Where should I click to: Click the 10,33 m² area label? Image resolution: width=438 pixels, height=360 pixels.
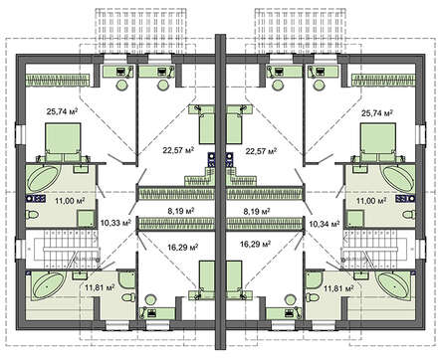[115, 223]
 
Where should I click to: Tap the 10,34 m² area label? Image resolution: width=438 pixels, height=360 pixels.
[325, 224]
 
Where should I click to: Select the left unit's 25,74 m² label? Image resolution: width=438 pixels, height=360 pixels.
[62, 111]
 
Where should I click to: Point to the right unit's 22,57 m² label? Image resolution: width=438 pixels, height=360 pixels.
[261, 151]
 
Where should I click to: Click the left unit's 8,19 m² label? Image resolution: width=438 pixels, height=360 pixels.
[180, 211]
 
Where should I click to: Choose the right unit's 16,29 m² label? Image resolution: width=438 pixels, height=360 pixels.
[255, 245]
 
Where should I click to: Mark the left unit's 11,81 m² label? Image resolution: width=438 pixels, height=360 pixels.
[100, 287]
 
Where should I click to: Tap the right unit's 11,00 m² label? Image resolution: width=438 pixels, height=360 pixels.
[371, 201]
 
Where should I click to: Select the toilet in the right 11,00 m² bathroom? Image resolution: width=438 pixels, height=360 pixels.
[408, 215]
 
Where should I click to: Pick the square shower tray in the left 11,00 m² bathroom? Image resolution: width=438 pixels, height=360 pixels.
[86, 219]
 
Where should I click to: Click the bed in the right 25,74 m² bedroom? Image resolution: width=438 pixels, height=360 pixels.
[379, 142]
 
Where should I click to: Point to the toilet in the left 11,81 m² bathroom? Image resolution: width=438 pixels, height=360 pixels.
[128, 297]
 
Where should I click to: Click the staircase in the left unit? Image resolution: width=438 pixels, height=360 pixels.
[63, 248]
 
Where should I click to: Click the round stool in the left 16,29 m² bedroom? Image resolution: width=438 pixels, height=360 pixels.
[150, 300]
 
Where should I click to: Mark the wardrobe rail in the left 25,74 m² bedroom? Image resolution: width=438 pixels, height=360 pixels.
[59, 81]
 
